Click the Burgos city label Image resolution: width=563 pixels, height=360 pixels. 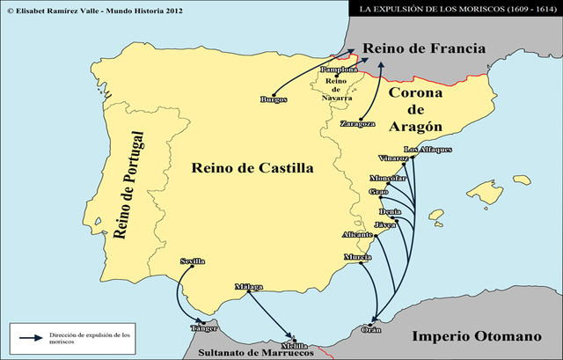274,99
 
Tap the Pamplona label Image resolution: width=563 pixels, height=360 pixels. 339,69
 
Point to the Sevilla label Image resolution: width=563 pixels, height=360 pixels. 193,261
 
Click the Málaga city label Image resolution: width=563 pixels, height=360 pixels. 249,287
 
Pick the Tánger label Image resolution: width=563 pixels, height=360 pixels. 203,328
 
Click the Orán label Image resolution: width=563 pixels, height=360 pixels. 372,331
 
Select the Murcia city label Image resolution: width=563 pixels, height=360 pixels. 357,257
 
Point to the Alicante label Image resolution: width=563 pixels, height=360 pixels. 356,236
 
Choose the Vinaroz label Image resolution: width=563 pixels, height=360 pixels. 393,158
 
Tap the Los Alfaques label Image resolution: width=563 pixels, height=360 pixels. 428,149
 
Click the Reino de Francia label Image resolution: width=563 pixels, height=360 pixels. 424,49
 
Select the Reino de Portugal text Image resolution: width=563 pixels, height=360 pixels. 128,186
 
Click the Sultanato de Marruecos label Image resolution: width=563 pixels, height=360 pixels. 256,353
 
